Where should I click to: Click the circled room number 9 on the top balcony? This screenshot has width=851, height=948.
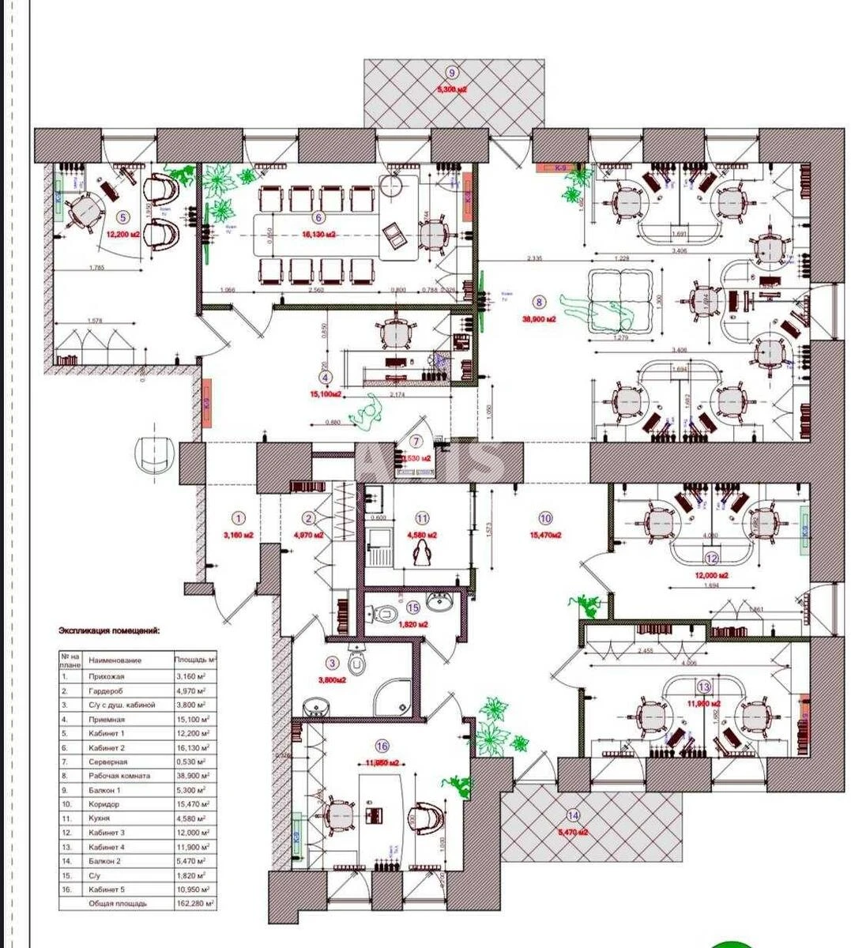click(452, 70)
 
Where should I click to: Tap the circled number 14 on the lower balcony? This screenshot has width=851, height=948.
click(572, 816)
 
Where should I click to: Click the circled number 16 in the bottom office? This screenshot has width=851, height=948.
click(382, 746)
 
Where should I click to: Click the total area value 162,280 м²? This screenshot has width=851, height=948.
click(194, 903)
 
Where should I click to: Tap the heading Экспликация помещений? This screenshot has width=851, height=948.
click(108, 630)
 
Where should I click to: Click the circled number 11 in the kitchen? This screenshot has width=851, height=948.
click(422, 518)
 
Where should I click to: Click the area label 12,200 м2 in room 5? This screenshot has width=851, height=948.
click(124, 234)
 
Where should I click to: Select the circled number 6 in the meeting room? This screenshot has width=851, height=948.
click(319, 217)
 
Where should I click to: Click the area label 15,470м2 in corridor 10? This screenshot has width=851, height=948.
click(545, 535)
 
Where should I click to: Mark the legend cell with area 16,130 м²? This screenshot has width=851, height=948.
click(194, 747)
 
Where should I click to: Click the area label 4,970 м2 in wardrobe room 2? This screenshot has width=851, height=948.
click(309, 535)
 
